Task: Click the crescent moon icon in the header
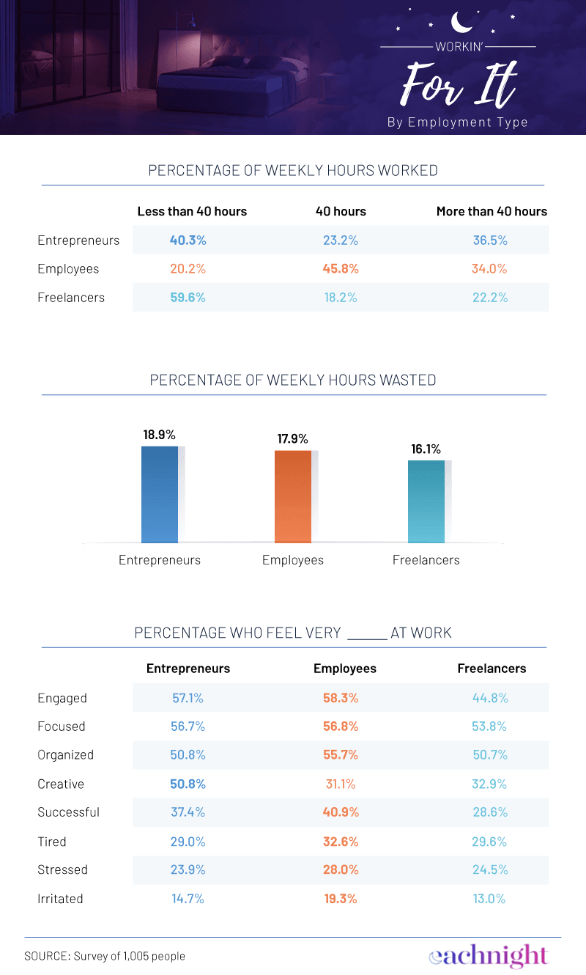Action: pos(461,21)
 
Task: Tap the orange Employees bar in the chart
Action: pos(293,496)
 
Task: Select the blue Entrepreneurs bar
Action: pos(160,494)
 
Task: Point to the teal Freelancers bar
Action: pos(426,501)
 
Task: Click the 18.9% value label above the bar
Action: pos(160,435)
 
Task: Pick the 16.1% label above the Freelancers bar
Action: pos(426,449)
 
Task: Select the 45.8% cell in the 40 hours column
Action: pos(341,269)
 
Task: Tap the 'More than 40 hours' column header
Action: pos(492,211)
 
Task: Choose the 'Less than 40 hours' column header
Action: pos(192,211)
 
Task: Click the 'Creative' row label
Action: pos(61,784)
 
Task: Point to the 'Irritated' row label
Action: pos(60,899)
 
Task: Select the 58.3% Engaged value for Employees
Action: pos(341,698)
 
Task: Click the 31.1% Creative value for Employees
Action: pos(341,784)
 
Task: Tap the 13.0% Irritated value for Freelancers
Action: pos(490,899)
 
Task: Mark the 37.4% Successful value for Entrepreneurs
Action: pos(188,812)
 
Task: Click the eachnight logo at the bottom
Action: pos(488,955)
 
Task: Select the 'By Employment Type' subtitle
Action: pos(457,122)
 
